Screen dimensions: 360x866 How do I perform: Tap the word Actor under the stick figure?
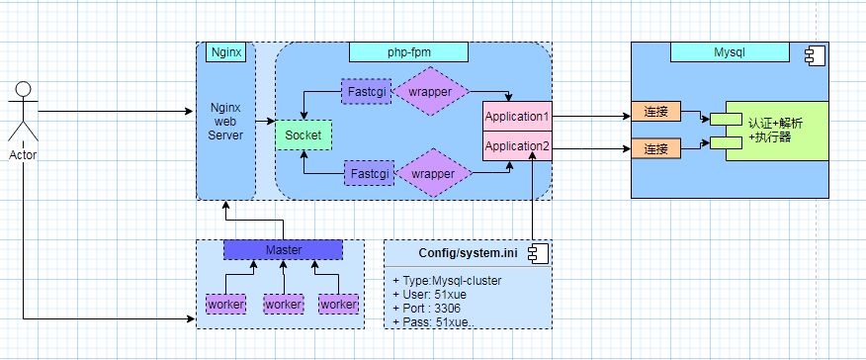(x=22, y=154)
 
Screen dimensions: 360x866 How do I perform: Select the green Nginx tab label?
(x=225, y=50)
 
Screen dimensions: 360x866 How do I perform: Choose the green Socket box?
(x=303, y=134)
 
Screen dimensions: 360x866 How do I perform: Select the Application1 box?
(x=516, y=117)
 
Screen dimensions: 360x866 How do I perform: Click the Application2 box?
(x=516, y=146)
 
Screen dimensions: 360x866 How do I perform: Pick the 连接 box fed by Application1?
(x=655, y=112)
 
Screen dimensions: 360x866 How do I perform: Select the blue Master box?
(x=283, y=250)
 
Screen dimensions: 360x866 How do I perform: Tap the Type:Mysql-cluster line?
(x=447, y=280)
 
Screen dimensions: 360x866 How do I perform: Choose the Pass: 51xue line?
(x=432, y=321)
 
